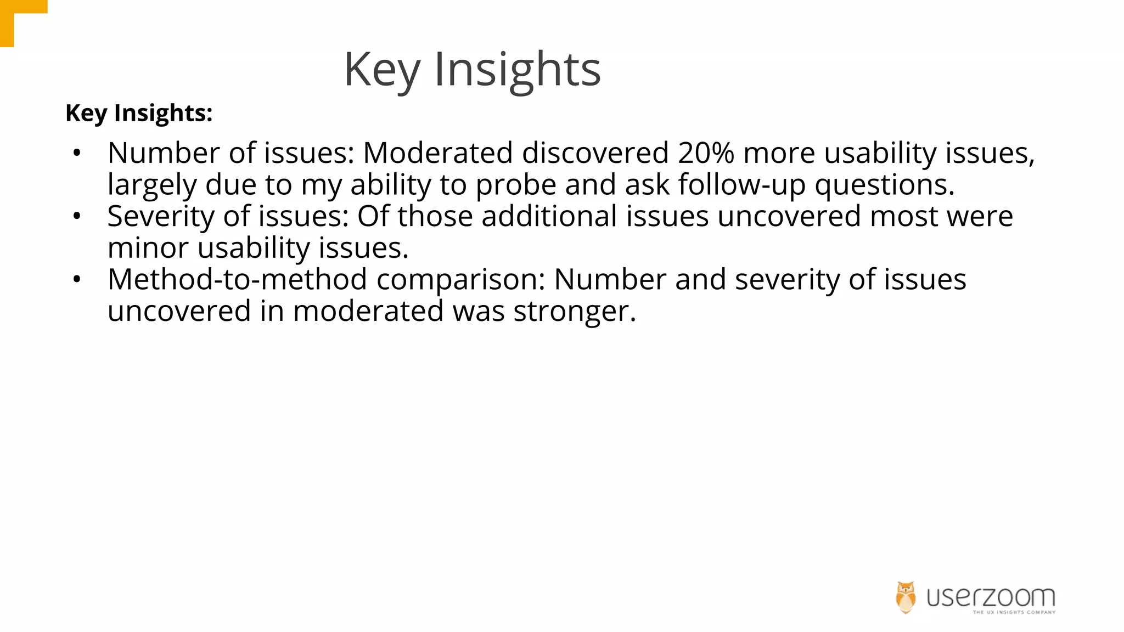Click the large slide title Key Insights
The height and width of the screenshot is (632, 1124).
tap(472, 70)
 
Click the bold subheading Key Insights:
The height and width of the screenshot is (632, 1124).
tap(139, 113)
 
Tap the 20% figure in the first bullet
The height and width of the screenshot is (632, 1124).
tap(706, 153)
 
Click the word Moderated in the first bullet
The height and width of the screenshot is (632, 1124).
tap(437, 153)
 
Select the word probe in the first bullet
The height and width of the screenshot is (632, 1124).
tap(515, 185)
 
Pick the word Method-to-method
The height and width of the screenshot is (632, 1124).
tap(237, 279)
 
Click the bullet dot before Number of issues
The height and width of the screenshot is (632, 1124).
tap(77, 153)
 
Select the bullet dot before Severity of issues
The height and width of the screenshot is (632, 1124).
tap(77, 216)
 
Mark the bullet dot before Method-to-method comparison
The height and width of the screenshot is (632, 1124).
tap(77, 280)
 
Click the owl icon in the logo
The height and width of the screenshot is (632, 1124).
tap(906, 597)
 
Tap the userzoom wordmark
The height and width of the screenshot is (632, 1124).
tap(991, 596)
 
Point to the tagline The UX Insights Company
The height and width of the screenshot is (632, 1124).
tap(1014, 612)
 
